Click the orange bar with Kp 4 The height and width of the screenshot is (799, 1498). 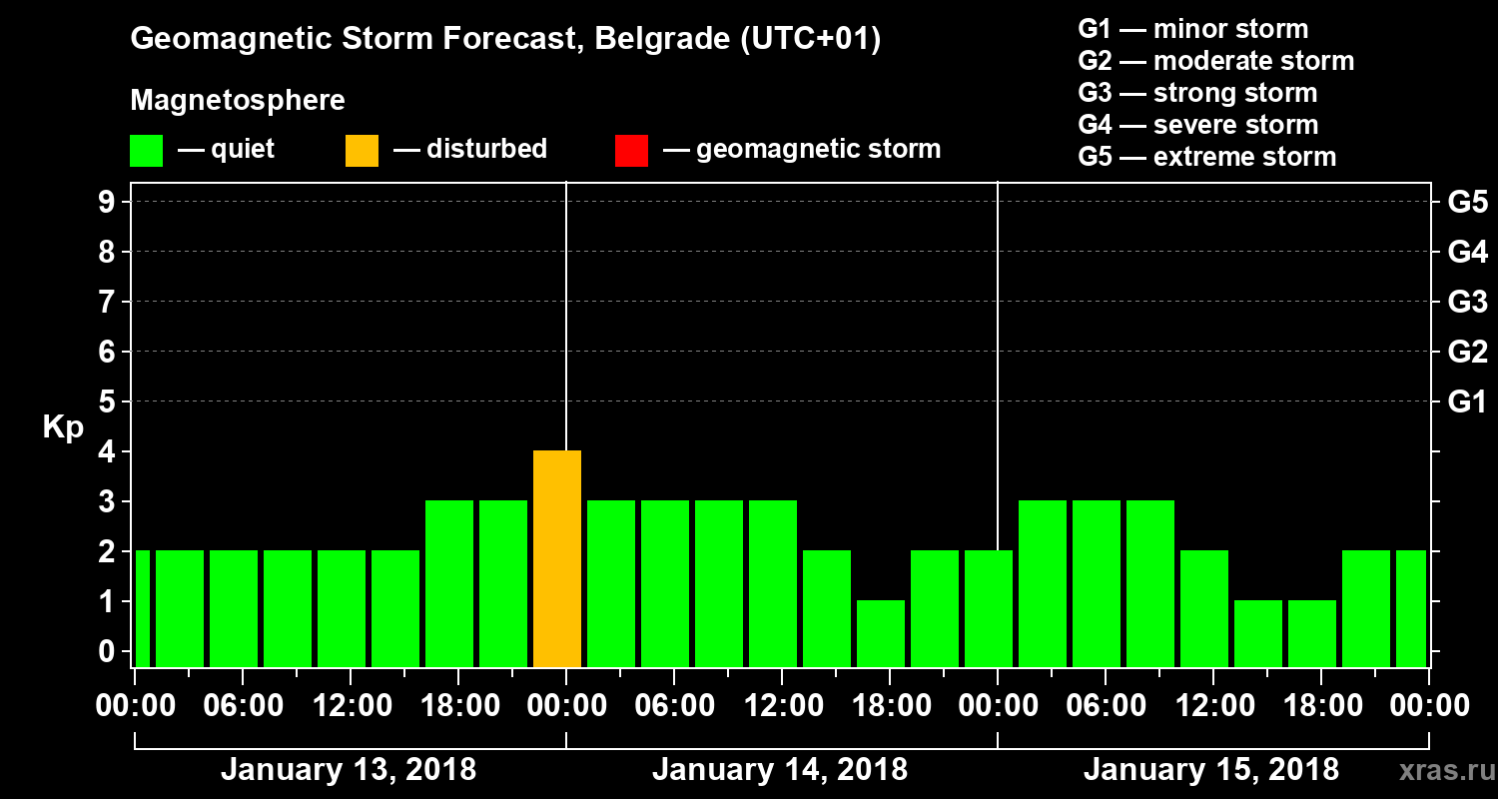pyautogui.click(x=557, y=558)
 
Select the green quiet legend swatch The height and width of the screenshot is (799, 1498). pyautogui.click(x=146, y=151)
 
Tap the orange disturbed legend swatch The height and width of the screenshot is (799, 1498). pyautogui.click(x=362, y=151)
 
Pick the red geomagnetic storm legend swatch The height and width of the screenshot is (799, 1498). pyautogui.click(x=631, y=151)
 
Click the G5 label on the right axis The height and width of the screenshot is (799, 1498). pyautogui.click(x=1467, y=203)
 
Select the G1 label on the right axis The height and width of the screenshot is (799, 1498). pyautogui.click(x=1467, y=402)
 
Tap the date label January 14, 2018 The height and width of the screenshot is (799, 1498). pyautogui.click(x=780, y=770)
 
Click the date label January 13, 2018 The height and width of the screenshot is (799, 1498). pyautogui.click(x=349, y=770)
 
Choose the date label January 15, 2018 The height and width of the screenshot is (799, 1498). pyautogui.click(x=1211, y=770)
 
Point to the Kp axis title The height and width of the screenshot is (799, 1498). pyautogui.click(x=63, y=427)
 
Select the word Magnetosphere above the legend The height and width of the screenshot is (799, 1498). pyautogui.click(x=238, y=101)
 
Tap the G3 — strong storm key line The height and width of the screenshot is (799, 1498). pyautogui.click(x=1197, y=93)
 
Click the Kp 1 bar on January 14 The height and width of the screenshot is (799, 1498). pyautogui.click(x=881, y=633)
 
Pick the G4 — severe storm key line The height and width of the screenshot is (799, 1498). pyautogui.click(x=1198, y=125)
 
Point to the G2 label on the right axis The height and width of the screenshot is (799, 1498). pyautogui.click(x=1467, y=353)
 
